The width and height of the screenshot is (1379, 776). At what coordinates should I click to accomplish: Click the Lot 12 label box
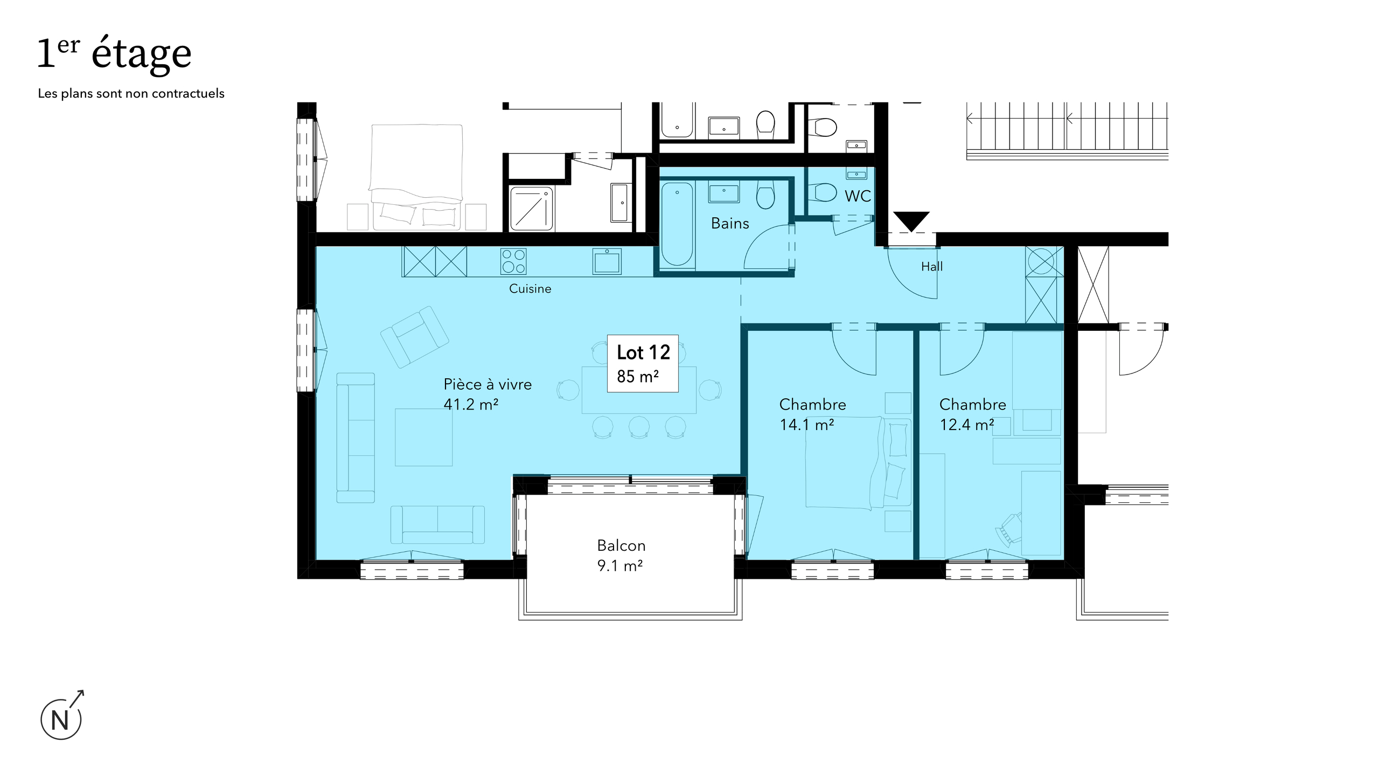click(643, 363)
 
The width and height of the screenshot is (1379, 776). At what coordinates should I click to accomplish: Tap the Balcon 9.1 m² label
click(621, 555)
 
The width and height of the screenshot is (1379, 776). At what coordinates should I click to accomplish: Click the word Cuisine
click(530, 289)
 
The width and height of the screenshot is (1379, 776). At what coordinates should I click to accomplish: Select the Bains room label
click(730, 223)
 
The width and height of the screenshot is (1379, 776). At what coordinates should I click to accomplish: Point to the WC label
click(858, 196)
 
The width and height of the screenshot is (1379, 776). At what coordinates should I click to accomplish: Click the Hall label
click(932, 266)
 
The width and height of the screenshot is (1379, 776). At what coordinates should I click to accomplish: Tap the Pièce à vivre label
click(487, 384)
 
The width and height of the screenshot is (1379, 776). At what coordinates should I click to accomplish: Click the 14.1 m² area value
click(807, 425)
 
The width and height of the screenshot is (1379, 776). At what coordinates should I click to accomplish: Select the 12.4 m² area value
click(967, 425)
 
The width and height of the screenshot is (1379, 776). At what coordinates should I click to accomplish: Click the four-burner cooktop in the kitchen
click(513, 261)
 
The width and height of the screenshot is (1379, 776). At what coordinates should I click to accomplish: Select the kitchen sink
click(607, 261)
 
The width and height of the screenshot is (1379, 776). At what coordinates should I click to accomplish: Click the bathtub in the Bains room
click(677, 225)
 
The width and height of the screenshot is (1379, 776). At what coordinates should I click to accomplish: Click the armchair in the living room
click(414, 337)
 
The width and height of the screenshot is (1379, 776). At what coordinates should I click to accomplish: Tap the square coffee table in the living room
click(423, 437)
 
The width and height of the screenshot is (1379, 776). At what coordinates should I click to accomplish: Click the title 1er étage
click(114, 53)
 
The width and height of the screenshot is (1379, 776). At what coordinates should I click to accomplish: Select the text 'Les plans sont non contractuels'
click(131, 93)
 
